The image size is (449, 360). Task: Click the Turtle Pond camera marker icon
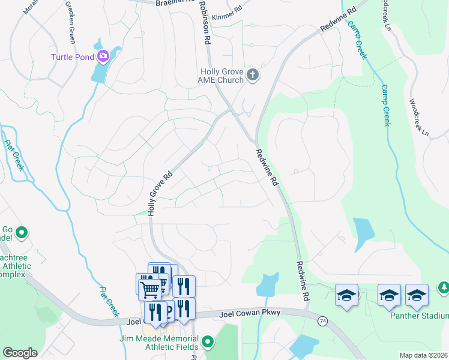(104, 57)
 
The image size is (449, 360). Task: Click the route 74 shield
(322, 322)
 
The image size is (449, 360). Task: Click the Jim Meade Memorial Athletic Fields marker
(208, 342)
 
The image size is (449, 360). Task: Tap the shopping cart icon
(150, 289)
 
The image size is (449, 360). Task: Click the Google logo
(20, 353)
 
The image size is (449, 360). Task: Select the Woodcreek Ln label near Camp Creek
(419, 117)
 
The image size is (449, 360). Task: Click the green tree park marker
(443, 289)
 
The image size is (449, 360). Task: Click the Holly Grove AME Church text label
(222, 76)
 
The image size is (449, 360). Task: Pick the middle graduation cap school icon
(389, 295)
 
